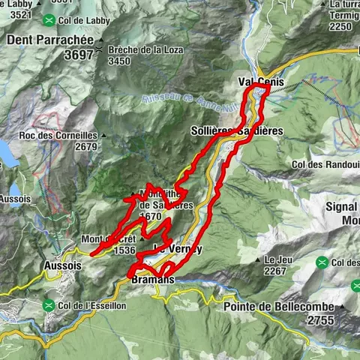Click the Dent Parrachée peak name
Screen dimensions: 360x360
tap(48, 38)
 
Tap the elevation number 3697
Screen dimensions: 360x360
tap(79, 54)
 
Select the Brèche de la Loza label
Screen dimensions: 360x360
tap(145, 49)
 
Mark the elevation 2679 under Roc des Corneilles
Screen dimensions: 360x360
tap(85, 147)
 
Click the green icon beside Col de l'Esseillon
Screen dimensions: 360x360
tap(49, 305)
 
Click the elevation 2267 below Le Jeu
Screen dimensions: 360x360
tap(276, 271)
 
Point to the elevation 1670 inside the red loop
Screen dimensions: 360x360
tap(151, 215)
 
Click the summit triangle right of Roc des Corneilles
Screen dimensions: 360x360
tap(103, 136)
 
